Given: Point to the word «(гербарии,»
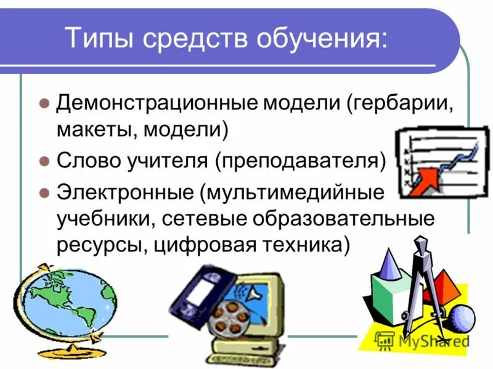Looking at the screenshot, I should [x=401, y=103].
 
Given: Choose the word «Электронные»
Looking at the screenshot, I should [x=123, y=191].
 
